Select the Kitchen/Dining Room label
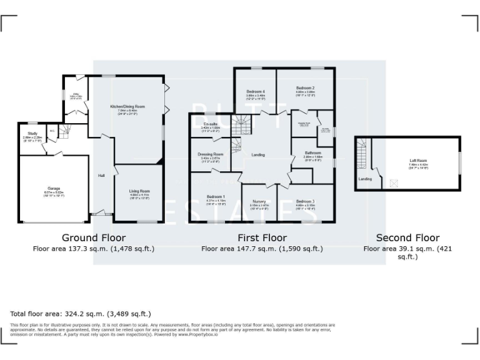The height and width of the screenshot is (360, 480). point(127,107)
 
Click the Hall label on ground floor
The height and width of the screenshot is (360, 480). point(101,176)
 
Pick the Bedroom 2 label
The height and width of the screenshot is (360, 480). point(305,87)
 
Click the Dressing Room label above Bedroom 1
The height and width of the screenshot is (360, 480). point(210,154)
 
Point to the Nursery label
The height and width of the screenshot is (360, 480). point(259,201)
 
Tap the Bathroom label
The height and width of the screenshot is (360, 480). point(313,153)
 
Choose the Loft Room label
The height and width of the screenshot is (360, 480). point(418,160)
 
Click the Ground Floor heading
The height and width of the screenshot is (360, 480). point(94,237)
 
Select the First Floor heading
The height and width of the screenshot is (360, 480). point(262,237)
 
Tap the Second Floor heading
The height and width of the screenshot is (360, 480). point(407,237)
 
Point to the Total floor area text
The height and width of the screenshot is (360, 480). point(81,314)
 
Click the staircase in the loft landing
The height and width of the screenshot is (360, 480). point(361,153)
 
